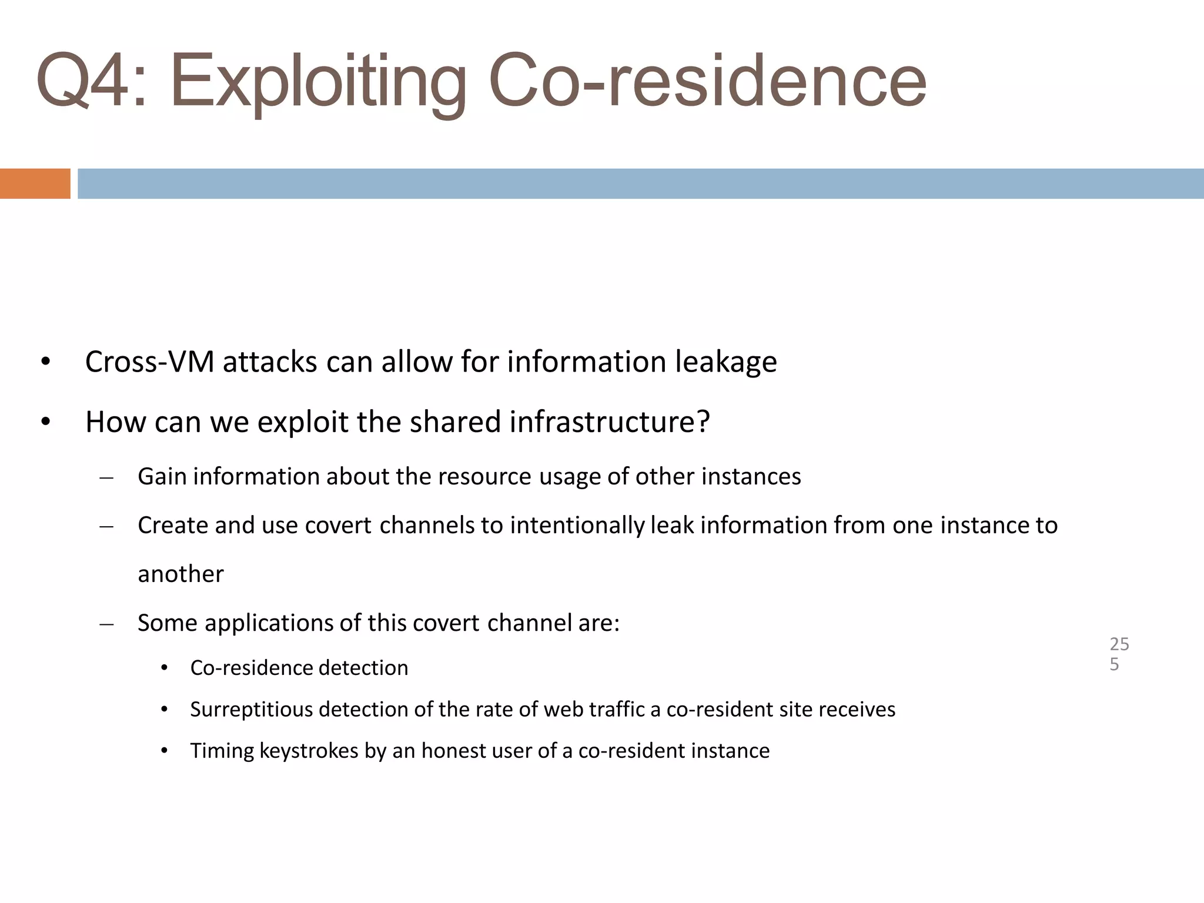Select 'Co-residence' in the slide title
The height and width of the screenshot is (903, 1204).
click(707, 81)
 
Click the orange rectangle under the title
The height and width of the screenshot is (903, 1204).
click(35, 183)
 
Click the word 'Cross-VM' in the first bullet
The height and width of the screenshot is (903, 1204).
click(149, 362)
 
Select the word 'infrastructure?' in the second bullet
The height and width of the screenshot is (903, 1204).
click(610, 422)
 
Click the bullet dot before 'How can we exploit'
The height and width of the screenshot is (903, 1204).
click(46, 422)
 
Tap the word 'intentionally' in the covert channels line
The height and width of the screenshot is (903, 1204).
click(577, 525)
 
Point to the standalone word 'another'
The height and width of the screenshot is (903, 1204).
click(180, 574)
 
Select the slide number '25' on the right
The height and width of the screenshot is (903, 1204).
click(1119, 644)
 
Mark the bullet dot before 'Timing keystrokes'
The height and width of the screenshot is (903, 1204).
click(165, 751)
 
